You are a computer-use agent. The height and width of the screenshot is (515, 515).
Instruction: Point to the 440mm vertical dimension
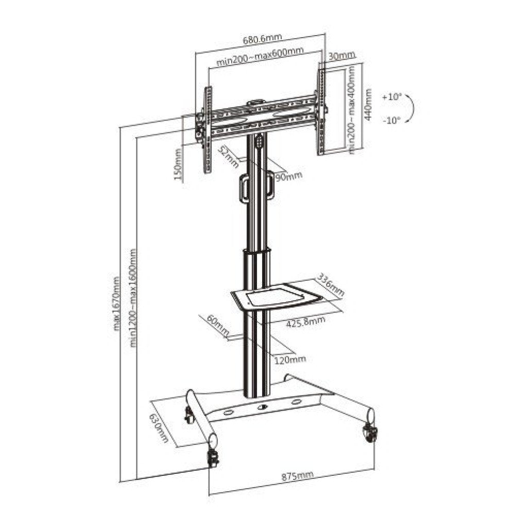coord(368,104)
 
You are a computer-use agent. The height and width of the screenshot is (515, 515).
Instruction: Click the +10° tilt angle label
coord(391,97)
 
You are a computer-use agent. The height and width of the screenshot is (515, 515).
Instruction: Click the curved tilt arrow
coord(410,109)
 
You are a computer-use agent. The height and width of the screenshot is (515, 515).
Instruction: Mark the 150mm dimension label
coord(178,164)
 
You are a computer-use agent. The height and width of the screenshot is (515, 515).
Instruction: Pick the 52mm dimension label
coord(228,157)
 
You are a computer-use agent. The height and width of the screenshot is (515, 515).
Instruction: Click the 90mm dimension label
coord(288,176)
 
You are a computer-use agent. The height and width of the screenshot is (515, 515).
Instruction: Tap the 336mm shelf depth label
coord(330,285)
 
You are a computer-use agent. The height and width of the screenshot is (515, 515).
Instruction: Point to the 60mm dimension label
coord(218,328)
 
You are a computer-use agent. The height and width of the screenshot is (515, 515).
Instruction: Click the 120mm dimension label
coord(290,358)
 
